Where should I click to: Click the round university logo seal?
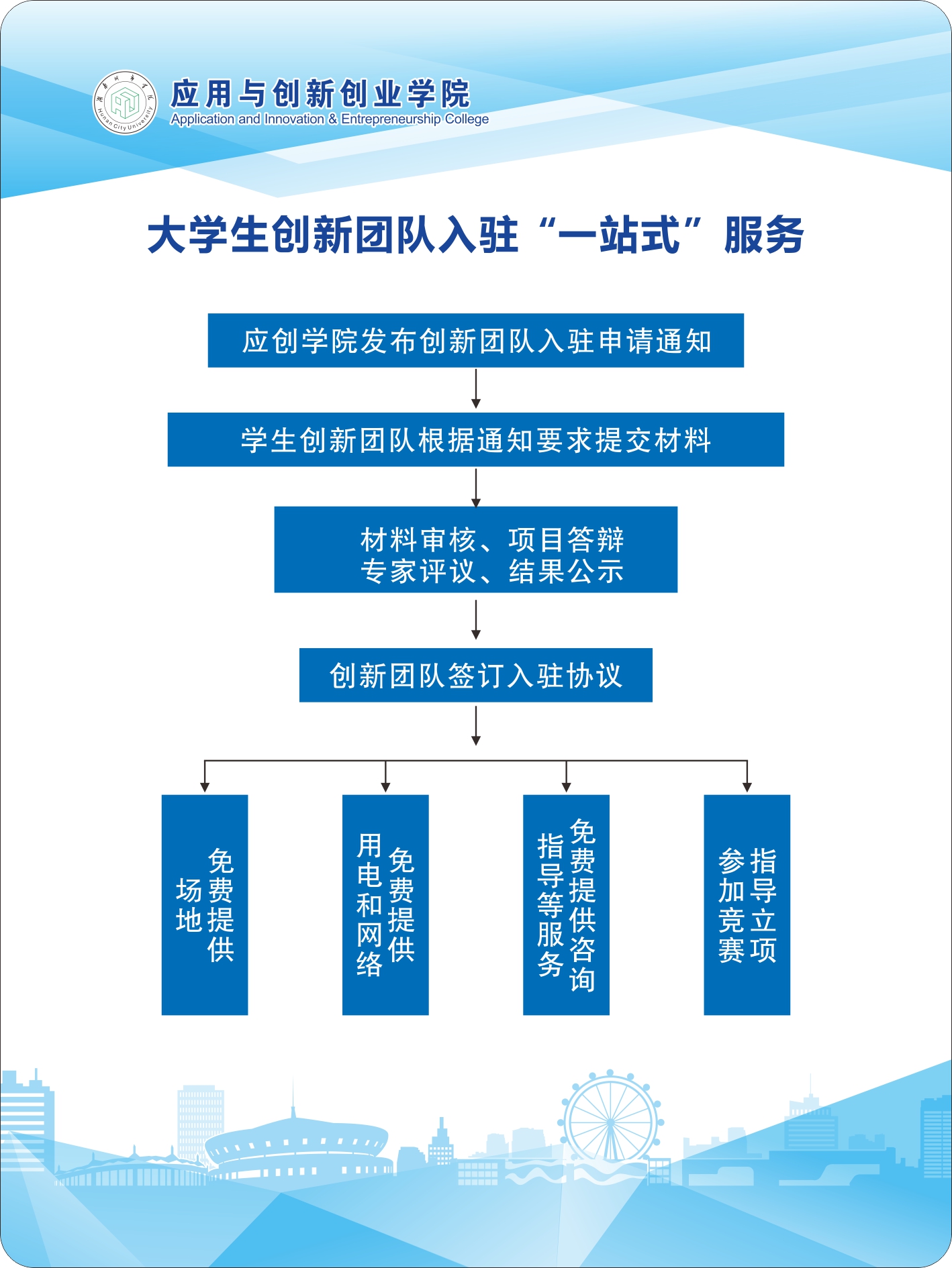point(125,103)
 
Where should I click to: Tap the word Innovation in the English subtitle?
point(294,119)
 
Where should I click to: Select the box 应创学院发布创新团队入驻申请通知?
point(475,341)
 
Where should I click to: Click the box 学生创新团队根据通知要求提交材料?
point(475,440)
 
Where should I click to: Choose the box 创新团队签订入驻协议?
point(475,676)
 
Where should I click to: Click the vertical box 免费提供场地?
point(205,904)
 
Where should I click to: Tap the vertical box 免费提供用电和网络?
point(385,904)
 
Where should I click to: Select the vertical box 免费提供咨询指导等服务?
point(566,904)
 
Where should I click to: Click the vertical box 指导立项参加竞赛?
point(747,904)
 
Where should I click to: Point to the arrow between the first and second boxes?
point(476,389)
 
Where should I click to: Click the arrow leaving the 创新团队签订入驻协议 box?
point(476,726)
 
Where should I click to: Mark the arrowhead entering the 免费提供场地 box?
point(205,787)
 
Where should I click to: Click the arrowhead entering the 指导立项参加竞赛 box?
point(747,787)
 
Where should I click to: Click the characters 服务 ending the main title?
point(764,235)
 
